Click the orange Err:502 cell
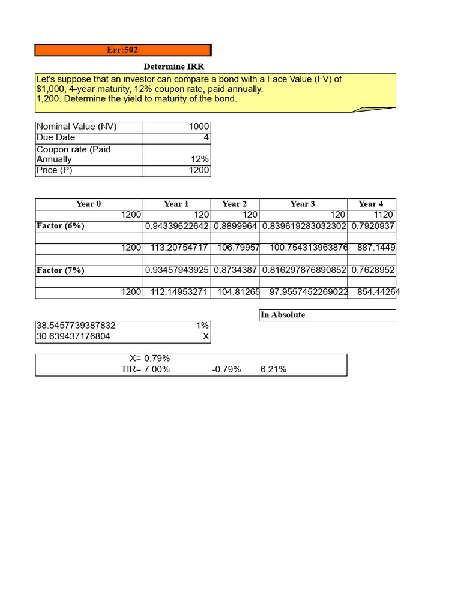[122, 50]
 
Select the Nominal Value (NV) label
[77, 127]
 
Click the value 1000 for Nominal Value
[199, 127]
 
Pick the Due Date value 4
[206, 137]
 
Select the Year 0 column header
[88, 204]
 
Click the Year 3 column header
[303, 204]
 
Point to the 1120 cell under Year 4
[382, 215]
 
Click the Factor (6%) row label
[60, 226]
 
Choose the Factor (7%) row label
[60, 270]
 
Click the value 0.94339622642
[176, 226]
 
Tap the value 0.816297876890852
[304, 270]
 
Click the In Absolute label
[282, 315]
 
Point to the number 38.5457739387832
[76, 326]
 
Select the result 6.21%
[273, 369]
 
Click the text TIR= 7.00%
[145, 369]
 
